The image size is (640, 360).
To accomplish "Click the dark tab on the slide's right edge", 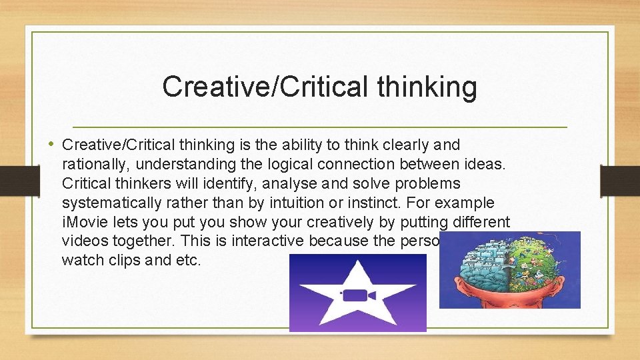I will (x=619, y=180).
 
